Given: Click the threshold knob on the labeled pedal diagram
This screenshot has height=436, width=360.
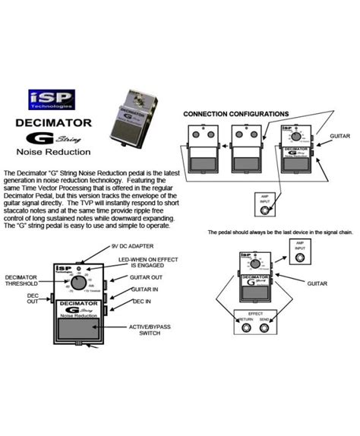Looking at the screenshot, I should (x=78, y=283).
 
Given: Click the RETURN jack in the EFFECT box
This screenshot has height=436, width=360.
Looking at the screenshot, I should (x=242, y=327).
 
